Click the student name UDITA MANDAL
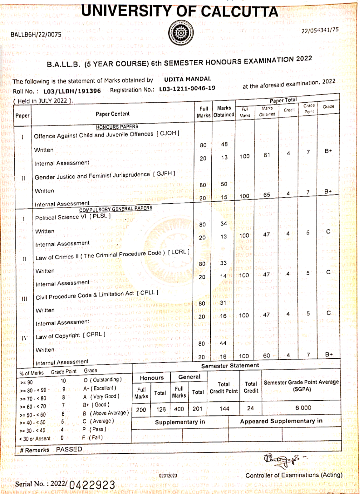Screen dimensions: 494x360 188,79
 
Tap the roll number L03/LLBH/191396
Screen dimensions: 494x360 72,91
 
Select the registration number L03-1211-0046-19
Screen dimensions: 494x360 187,88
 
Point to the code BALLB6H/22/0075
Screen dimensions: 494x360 36,35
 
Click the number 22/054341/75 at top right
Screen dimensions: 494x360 320,30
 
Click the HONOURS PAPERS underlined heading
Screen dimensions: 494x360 117,127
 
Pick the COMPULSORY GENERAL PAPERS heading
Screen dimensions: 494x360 116,209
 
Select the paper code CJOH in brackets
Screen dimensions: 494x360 168,133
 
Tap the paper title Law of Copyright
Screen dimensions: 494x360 58,336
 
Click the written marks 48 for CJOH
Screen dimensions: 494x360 224,144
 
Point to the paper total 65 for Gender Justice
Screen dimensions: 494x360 267,195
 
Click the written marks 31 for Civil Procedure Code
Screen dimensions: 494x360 223,303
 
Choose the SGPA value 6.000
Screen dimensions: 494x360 303,408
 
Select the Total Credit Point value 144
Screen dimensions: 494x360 224,408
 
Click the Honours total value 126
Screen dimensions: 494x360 161,409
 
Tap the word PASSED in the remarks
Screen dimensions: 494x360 69,449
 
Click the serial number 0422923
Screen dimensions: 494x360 92,485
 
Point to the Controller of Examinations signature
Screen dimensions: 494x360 282,460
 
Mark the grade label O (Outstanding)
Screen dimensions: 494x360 102,380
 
